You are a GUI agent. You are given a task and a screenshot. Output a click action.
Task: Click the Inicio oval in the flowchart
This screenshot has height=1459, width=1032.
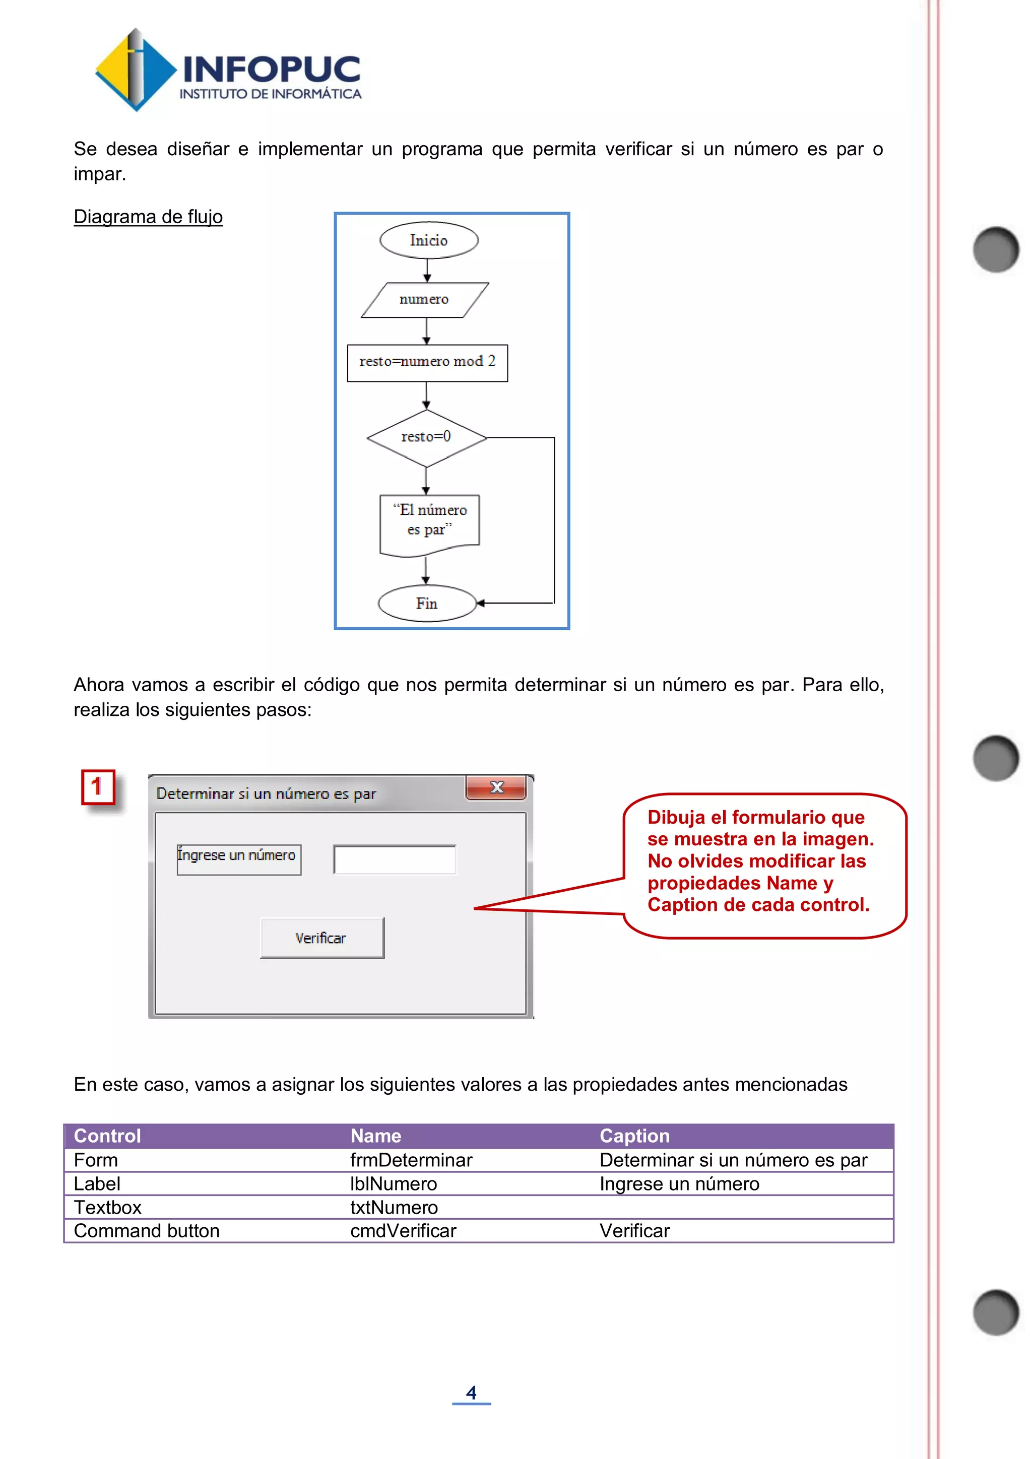point(429,240)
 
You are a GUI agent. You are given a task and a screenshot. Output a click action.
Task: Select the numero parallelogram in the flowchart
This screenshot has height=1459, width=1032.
point(424,299)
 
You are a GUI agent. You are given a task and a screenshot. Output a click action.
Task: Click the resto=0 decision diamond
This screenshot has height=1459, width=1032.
point(426,437)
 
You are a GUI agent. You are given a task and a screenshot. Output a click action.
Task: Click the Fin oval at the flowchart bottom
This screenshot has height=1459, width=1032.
point(427,603)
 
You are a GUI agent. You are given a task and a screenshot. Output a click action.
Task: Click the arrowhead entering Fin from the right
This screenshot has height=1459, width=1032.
point(481,603)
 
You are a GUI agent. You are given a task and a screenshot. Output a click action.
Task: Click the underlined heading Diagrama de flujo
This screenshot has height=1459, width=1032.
point(148,217)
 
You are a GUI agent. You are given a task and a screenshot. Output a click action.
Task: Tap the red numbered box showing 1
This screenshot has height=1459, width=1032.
point(98,787)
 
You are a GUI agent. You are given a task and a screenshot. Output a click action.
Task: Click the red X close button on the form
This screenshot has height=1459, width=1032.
point(496,788)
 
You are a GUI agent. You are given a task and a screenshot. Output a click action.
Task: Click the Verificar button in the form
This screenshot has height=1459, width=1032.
point(321,938)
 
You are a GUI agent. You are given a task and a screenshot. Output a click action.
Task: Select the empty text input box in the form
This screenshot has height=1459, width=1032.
point(395,860)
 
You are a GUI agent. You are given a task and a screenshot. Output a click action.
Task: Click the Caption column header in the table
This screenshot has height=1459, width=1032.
point(634,1136)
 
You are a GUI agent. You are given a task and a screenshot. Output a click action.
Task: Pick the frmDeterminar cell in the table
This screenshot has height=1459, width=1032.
point(411,1160)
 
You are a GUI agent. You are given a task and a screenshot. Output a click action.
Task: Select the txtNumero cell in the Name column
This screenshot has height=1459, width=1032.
point(394,1208)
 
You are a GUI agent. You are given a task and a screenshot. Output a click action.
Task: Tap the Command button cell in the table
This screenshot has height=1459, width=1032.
point(147,1231)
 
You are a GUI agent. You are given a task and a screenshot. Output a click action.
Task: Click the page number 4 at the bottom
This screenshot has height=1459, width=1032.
point(471,1392)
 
